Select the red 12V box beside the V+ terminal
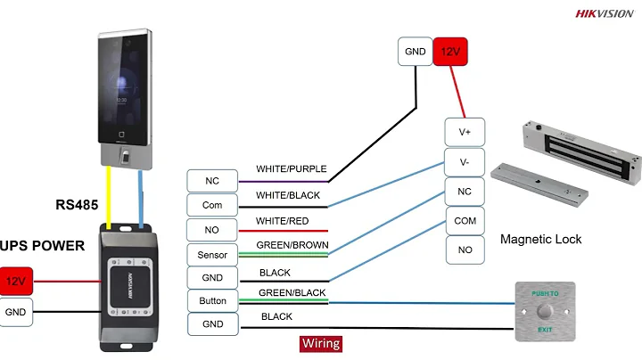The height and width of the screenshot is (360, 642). pos(448,52)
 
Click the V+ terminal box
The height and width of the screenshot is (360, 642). pos(465,132)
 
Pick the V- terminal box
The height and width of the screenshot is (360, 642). pos(465,162)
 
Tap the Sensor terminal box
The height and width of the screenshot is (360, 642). pos(212,255)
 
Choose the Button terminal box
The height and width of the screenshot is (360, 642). pos(212,301)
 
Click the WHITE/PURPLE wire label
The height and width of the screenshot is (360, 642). pos(292,168)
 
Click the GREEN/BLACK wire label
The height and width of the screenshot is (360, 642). pos(291,292)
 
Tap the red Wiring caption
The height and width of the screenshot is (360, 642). pos(320,342)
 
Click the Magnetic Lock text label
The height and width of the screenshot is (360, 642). pos(540,239)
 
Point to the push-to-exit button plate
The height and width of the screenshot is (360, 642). pos(545,312)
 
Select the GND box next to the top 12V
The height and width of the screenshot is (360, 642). pos(415,52)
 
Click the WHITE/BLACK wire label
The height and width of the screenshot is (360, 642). pos(288,195)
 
